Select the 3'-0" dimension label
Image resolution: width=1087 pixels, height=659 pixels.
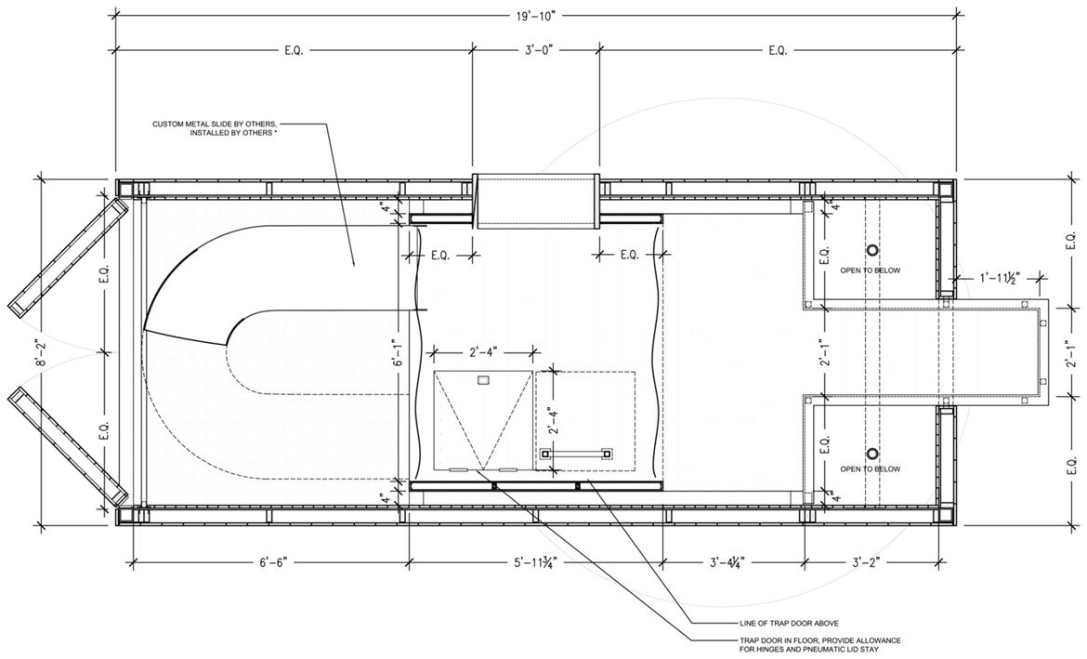(536, 50)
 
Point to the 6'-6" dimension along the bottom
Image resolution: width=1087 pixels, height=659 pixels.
(269, 561)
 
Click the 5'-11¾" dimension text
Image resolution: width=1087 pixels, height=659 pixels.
(535, 561)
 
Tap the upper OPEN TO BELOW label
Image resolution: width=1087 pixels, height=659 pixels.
(870, 270)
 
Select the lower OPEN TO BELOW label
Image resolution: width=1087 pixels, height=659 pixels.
(870, 469)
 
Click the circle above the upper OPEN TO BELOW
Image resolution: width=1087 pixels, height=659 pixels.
(872, 250)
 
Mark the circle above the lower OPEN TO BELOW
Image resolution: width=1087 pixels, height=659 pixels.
(872, 455)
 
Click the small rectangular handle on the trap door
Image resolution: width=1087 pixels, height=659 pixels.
(484, 379)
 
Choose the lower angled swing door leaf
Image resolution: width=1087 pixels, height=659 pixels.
(68, 447)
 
